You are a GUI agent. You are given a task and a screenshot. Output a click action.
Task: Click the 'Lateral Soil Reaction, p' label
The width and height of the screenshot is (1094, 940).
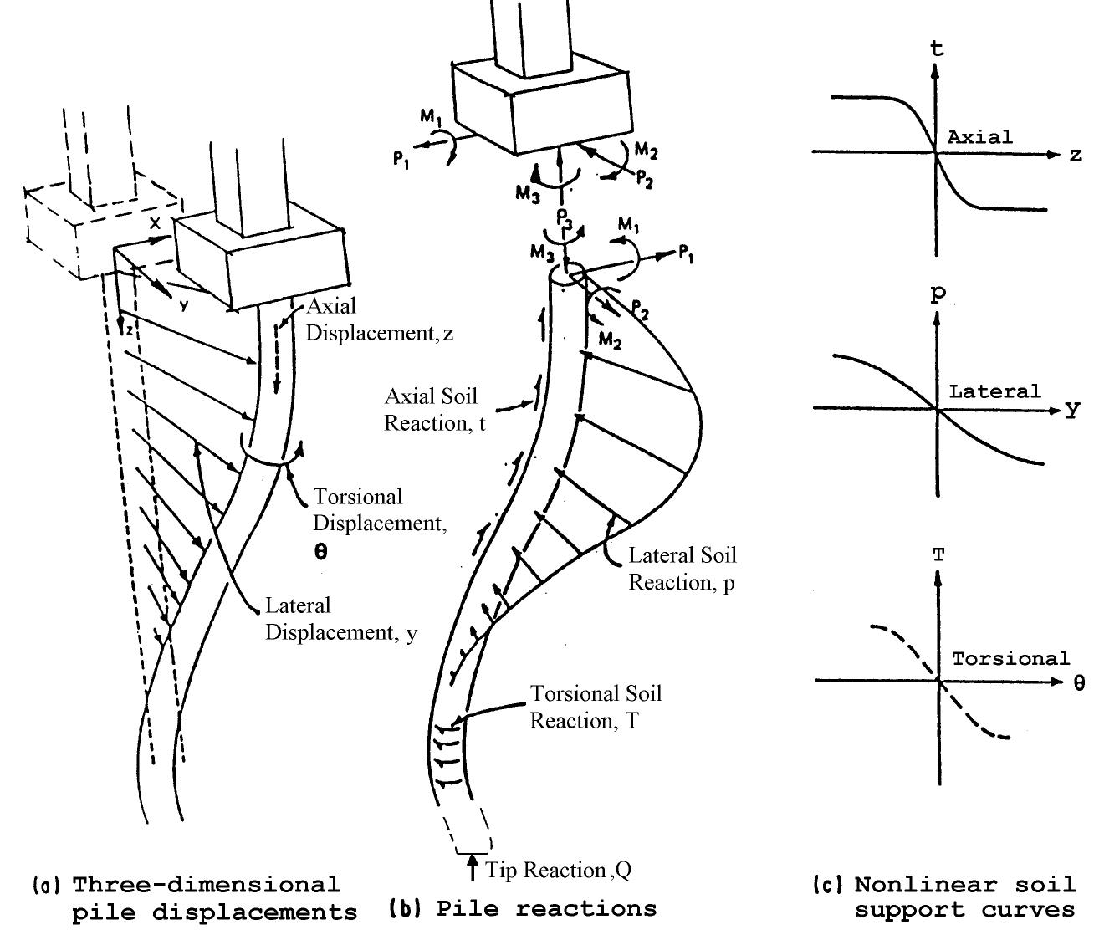click(x=682, y=569)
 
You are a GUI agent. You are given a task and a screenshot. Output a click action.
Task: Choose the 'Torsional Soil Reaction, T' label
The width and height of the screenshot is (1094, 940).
click(x=596, y=707)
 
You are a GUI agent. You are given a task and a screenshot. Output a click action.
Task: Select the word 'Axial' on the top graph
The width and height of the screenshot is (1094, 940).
click(x=979, y=137)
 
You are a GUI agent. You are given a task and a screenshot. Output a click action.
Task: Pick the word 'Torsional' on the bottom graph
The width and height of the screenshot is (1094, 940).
click(x=1010, y=659)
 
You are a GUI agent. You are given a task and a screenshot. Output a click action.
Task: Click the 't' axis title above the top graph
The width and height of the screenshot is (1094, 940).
click(x=937, y=49)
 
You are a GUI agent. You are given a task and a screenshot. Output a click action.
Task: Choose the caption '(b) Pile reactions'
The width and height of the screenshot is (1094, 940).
click(x=523, y=909)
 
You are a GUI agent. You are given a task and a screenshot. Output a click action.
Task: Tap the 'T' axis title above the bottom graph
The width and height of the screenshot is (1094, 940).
click(x=938, y=556)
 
